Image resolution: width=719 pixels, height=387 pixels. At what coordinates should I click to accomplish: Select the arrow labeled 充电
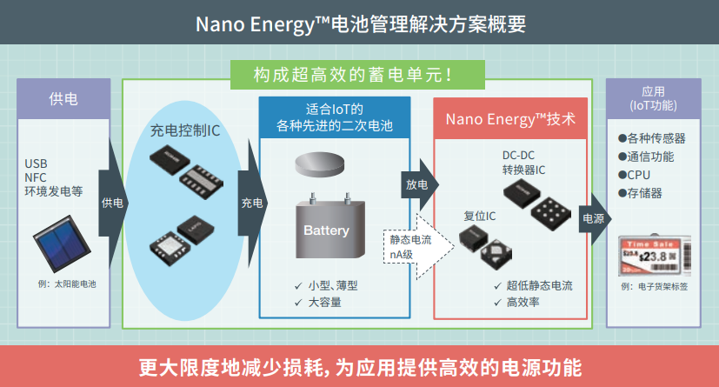click(251, 203)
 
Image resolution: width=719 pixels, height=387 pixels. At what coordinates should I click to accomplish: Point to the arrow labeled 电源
click(593, 218)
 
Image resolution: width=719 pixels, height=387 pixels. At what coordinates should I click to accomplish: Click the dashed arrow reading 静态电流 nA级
click(414, 247)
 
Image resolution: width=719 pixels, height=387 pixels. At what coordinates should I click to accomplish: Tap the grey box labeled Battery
click(326, 231)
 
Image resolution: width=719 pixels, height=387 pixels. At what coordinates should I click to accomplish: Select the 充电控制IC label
click(184, 130)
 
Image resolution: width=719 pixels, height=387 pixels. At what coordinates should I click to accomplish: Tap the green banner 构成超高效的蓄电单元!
click(356, 76)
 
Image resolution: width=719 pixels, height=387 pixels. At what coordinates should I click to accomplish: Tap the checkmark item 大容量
click(323, 303)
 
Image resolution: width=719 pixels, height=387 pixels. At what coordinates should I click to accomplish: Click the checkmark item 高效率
click(522, 303)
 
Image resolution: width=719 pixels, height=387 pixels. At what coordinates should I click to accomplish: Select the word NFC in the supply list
click(38, 177)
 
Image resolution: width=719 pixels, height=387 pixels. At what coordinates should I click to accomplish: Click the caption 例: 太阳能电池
click(66, 284)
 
